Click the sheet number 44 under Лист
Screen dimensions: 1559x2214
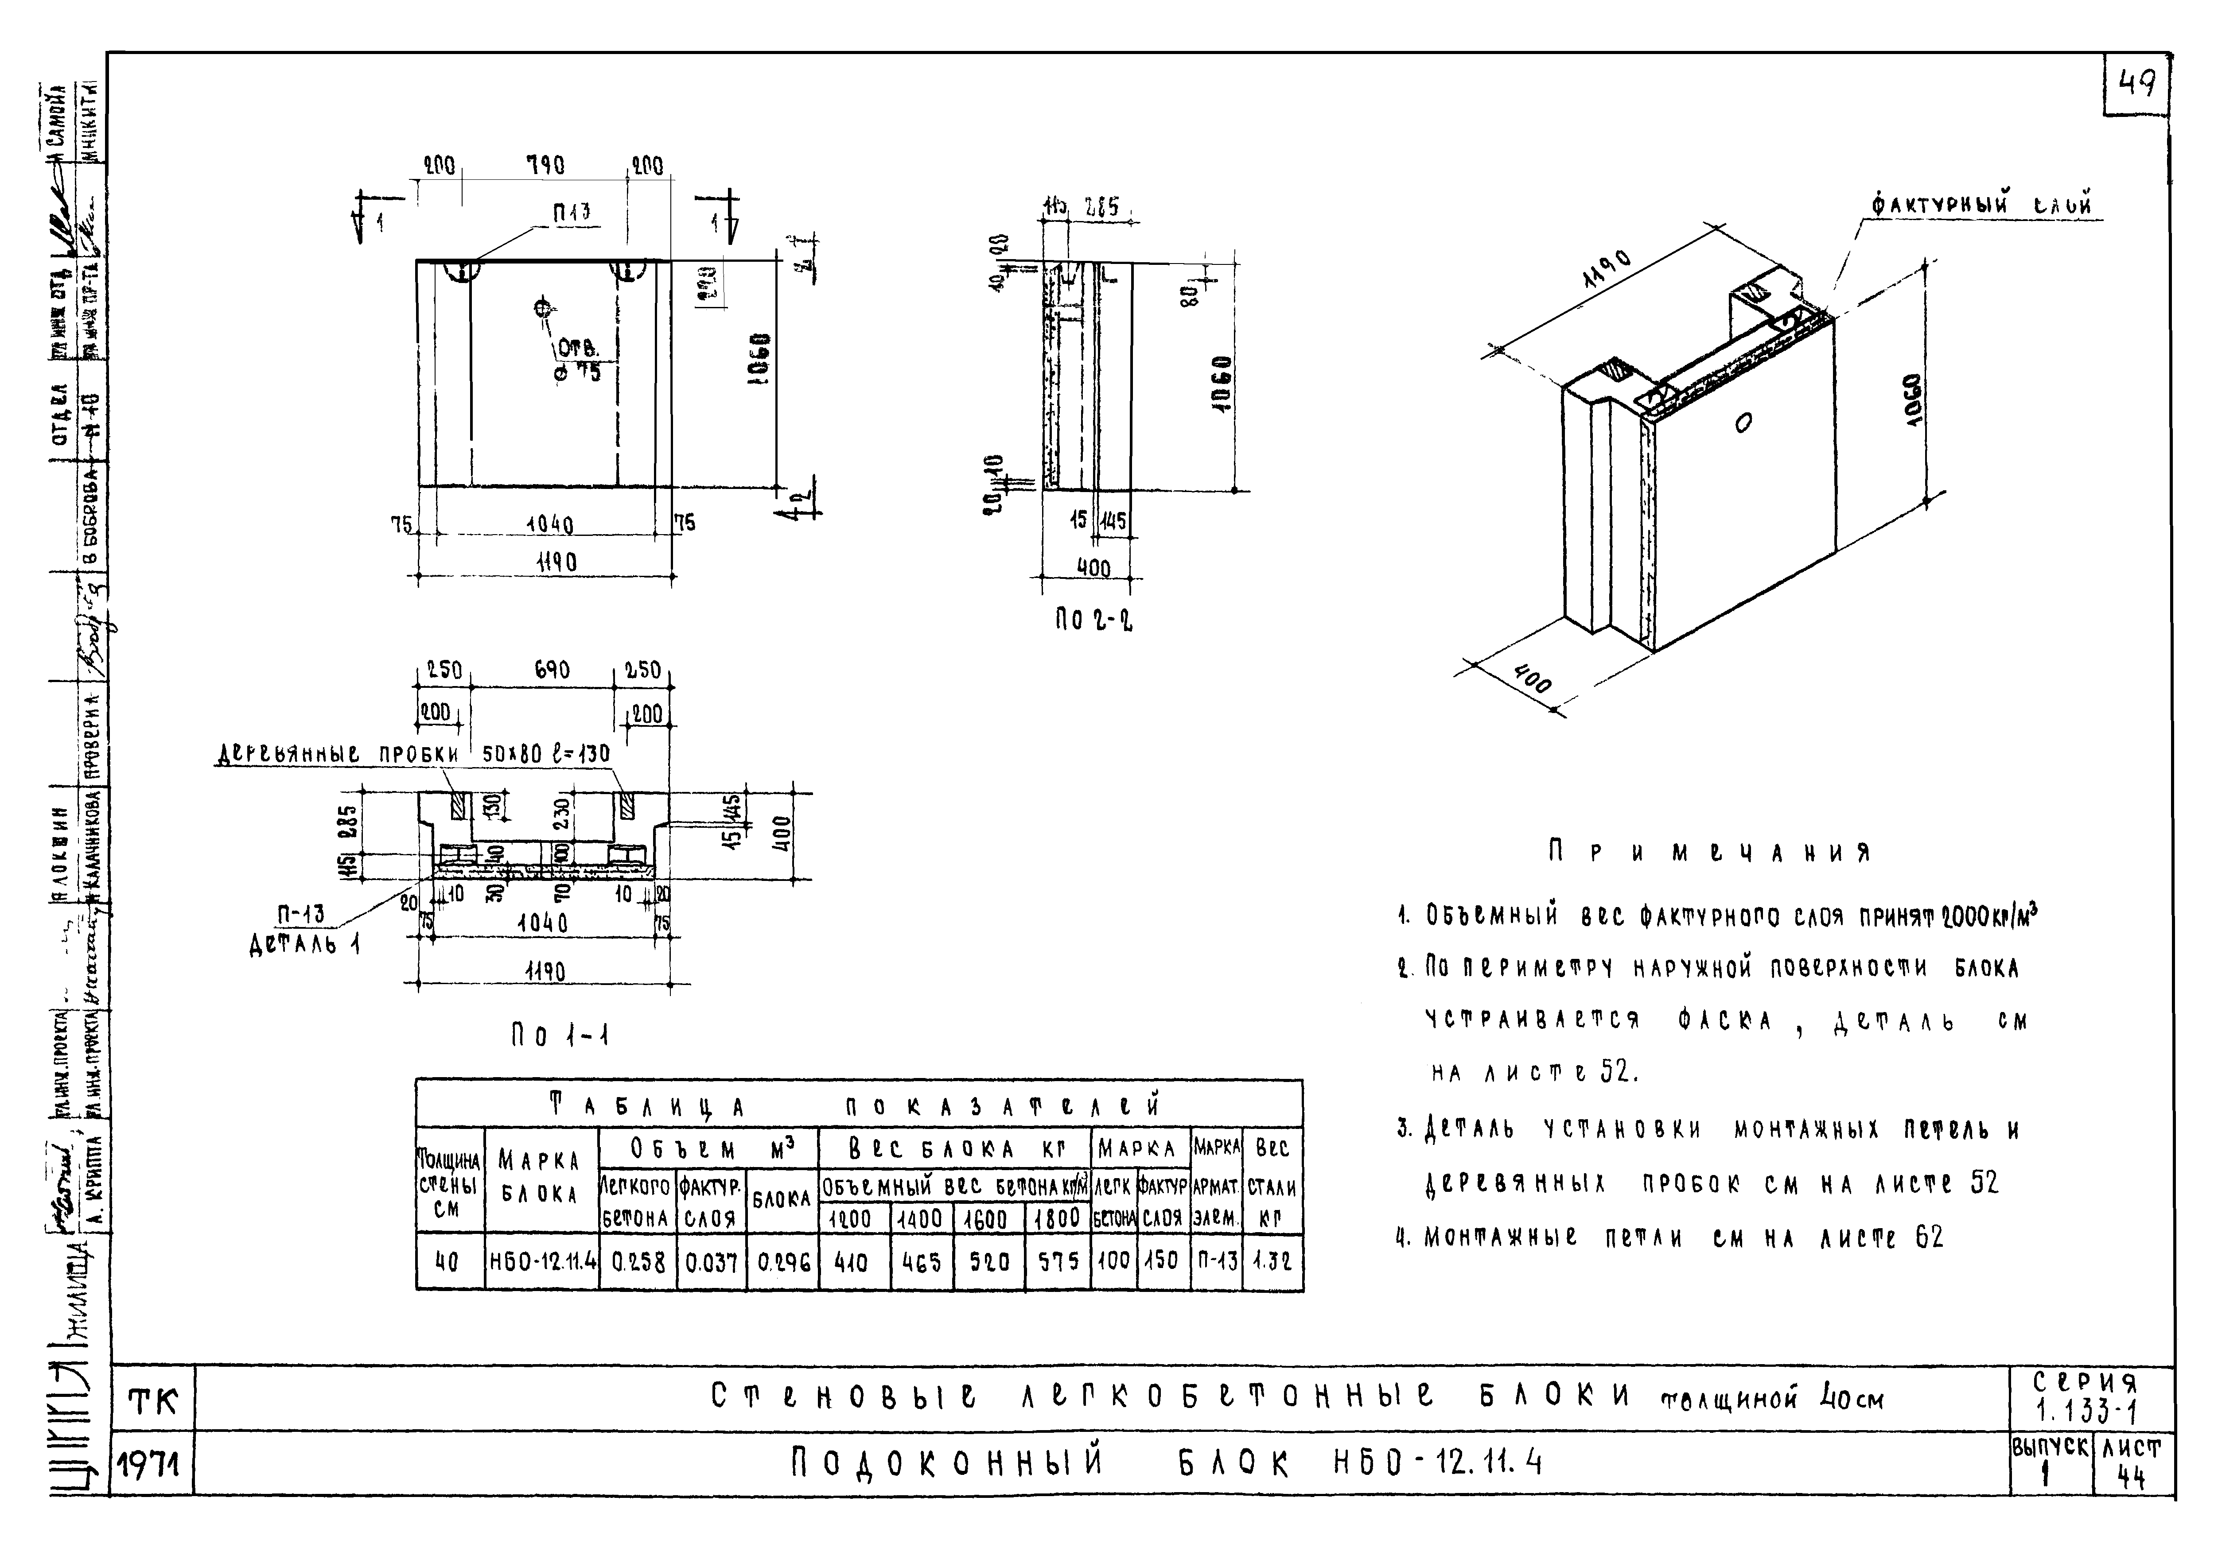pos(2131,1480)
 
